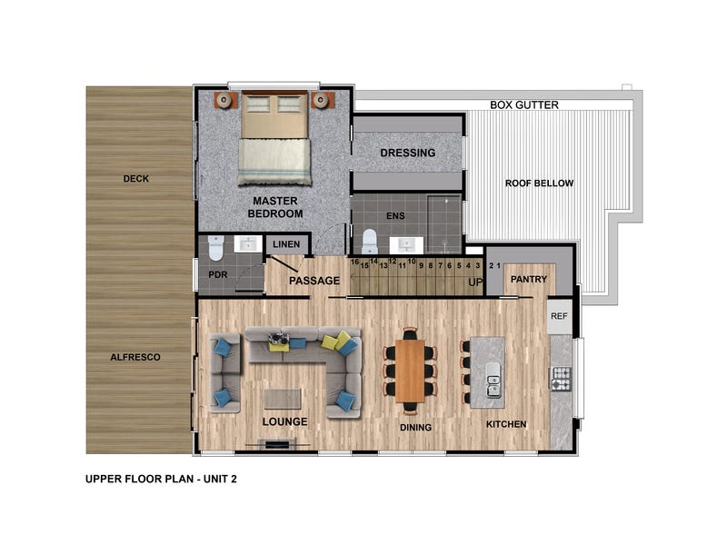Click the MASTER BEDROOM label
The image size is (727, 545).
pyautogui.click(x=275, y=207)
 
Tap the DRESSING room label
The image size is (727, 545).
pyautogui.click(x=407, y=153)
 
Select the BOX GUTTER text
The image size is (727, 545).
pyautogui.click(x=524, y=105)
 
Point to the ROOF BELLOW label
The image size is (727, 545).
pyautogui.click(x=539, y=183)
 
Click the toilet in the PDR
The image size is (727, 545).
pyautogui.click(x=216, y=248)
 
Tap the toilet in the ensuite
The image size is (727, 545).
pyautogui.click(x=370, y=242)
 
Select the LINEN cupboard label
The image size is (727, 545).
pyautogui.click(x=286, y=244)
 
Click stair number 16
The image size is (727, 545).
pyautogui.click(x=354, y=262)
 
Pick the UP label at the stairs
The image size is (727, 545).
pyautogui.click(x=475, y=282)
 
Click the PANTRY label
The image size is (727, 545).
pyautogui.click(x=529, y=279)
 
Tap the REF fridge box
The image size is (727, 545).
pyautogui.click(x=559, y=316)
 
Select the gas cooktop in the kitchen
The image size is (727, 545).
pyautogui.click(x=561, y=378)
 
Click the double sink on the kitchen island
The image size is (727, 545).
pyautogui.click(x=493, y=380)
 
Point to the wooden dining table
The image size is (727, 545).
pyautogui.click(x=410, y=371)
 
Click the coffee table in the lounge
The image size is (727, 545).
pyautogui.click(x=283, y=399)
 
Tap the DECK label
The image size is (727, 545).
pyautogui.click(x=135, y=178)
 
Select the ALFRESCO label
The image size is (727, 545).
pyautogui.click(x=135, y=357)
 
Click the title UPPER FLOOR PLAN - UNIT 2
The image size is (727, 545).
pyautogui.click(x=161, y=479)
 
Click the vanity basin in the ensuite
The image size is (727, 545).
pyautogui.click(x=405, y=245)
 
